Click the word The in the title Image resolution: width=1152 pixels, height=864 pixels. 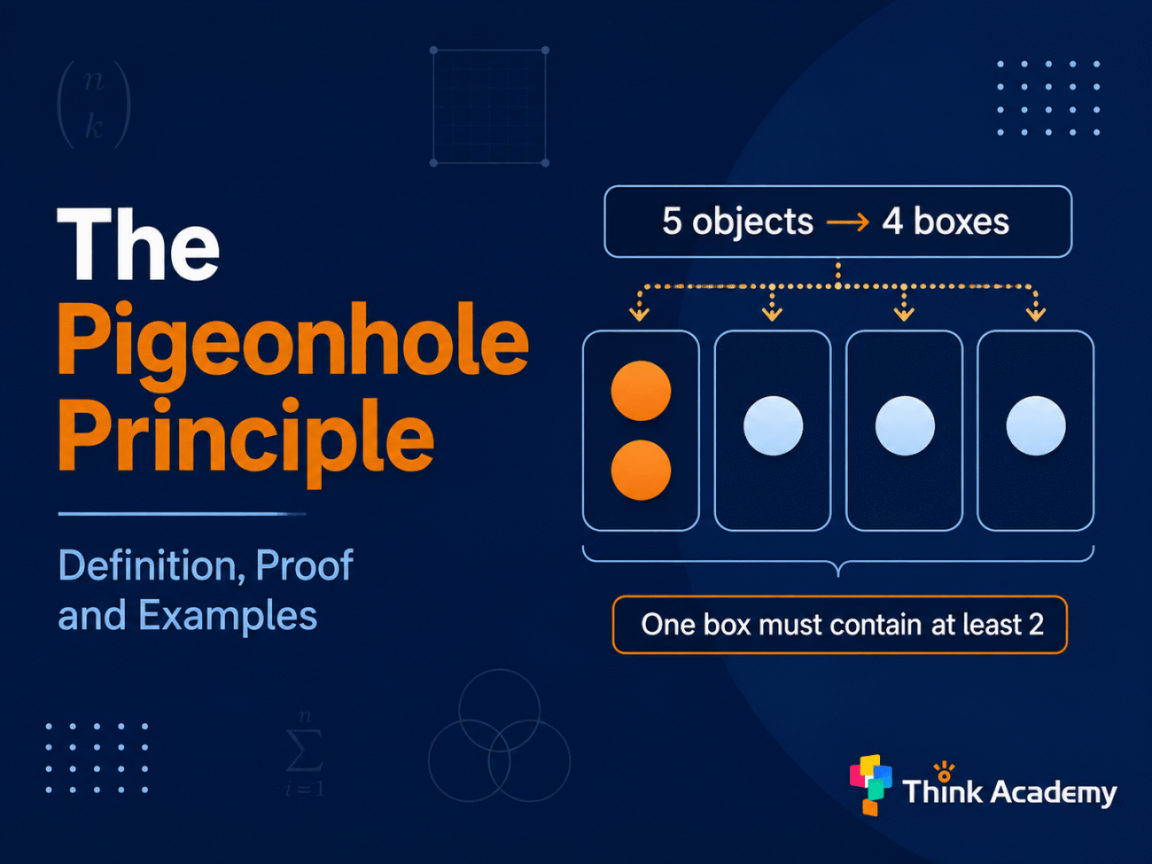tap(138, 244)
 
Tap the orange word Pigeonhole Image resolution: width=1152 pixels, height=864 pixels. tap(292, 346)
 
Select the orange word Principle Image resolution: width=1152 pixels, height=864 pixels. tap(245, 440)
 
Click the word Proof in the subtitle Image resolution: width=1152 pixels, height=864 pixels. tap(305, 565)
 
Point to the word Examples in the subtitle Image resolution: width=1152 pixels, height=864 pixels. tap(228, 616)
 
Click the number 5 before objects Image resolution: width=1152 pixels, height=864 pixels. tap(672, 221)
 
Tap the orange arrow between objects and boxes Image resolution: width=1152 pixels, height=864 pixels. tap(848, 223)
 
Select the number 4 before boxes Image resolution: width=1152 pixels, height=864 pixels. tap(892, 221)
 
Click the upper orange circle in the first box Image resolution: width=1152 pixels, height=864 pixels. tap(641, 391)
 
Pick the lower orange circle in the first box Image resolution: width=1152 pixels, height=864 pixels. tap(641, 470)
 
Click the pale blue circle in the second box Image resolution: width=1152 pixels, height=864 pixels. tap(773, 425)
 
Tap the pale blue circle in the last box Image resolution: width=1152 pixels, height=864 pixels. tap(1036, 425)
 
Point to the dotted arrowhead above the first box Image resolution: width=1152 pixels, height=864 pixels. tap(639, 314)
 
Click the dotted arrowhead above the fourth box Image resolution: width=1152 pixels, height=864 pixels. tap(1036, 314)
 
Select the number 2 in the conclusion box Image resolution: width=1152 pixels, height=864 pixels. tap(1036, 624)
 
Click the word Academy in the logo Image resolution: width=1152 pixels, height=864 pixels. tap(1054, 792)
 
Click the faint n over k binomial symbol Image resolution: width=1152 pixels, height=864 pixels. tap(93, 105)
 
